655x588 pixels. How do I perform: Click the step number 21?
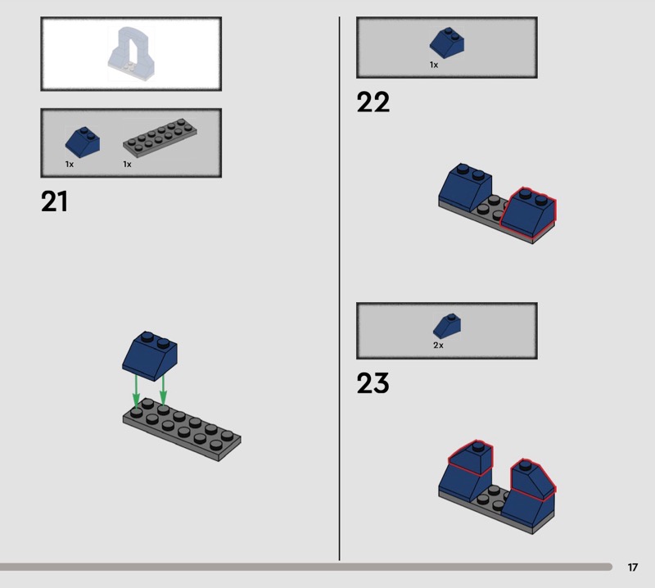[x=54, y=201]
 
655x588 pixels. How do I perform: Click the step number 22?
[x=373, y=102]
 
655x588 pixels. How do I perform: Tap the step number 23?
[x=373, y=383]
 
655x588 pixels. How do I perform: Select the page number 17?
[x=633, y=568]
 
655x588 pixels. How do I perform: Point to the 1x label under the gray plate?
[x=127, y=165]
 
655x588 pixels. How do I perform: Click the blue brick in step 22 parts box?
[x=445, y=43]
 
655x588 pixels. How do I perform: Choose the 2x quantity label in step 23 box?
[x=438, y=346]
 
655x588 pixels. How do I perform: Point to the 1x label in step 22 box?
[x=434, y=65]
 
